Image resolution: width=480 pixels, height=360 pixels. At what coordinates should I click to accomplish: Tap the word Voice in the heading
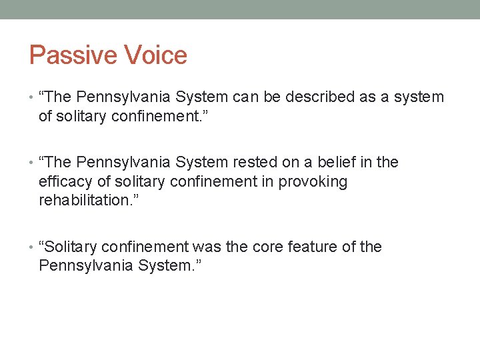click(156, 55)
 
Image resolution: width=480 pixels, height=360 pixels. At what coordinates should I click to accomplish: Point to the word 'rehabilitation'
click(83, 201)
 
